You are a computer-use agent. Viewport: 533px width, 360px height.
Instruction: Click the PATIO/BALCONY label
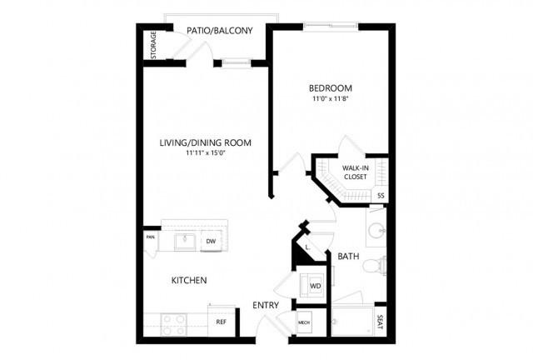tap(220, 31)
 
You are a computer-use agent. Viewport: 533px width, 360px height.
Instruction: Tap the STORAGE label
tap(153, 45)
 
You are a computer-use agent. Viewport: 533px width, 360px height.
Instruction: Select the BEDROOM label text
tap(331, 88)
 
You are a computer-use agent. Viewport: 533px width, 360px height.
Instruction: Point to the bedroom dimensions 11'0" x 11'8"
tap(331, 99)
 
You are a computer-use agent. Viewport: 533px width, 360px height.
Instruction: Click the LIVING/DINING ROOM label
tap(206, 142)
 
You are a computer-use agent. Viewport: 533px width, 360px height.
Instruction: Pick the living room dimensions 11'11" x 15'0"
tap(206, 153)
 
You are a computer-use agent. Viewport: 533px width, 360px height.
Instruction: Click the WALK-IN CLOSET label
tap(356, 172)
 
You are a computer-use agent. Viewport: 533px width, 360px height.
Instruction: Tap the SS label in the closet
tap(381, 196)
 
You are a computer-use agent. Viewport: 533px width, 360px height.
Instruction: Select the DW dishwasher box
tap(211, 241)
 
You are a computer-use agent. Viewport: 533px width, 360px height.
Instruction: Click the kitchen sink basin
tap(185, 242)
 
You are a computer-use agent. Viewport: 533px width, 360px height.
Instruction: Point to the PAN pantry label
tap(150, 237)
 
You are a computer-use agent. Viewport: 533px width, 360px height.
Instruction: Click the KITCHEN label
tap(189, 280)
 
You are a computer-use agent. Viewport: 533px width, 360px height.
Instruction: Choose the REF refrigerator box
tap(222, 322)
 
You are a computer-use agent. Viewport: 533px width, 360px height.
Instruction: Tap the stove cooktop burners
tap(174, 325)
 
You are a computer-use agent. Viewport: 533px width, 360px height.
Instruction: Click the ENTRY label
tap(266, 306)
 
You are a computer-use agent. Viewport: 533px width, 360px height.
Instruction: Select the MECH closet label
tap(304, 322)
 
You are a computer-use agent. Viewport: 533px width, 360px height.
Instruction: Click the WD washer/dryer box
tap(313, 285)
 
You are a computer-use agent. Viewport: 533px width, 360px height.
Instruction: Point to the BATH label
tap(348, 256)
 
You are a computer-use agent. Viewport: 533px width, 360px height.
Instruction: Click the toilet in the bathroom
tap(374, 266)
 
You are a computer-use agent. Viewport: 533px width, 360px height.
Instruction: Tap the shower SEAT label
tap(381, 322)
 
